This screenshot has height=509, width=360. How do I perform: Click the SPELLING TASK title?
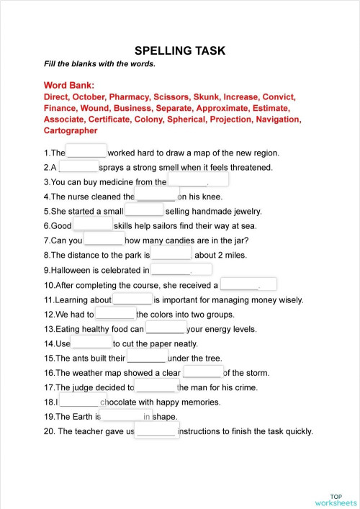pos(180,50)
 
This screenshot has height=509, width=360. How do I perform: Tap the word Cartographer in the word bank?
pos(71,131)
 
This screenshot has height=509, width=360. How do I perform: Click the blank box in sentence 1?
pos(86,151)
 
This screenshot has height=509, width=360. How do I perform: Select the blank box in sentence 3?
pos(198,180)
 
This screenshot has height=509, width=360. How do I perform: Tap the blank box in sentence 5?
pos(144,210)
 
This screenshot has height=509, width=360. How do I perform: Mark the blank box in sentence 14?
pos(91,343)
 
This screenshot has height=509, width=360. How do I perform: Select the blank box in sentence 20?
pos(156,431)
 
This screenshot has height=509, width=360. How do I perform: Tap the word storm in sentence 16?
pos(256,373)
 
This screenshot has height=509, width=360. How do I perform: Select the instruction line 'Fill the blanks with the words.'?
pos(99,63)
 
